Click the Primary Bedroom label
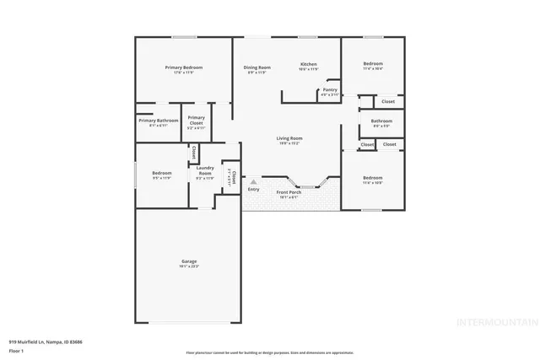(183, 67)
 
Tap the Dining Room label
(256, 67)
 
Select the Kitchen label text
(309, 64)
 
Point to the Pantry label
(330, 89)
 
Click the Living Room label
(289, 138)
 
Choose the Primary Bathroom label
(159, 120)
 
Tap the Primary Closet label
(196, 120)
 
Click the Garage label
(188, 261)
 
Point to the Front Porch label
(288, 192)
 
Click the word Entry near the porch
(253, 189)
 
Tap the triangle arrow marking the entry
(252, 180)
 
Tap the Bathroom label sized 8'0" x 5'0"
(381, 121)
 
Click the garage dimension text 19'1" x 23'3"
(188, 266)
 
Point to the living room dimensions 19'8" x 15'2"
(289, 143)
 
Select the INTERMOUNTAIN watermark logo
(496, 322)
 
